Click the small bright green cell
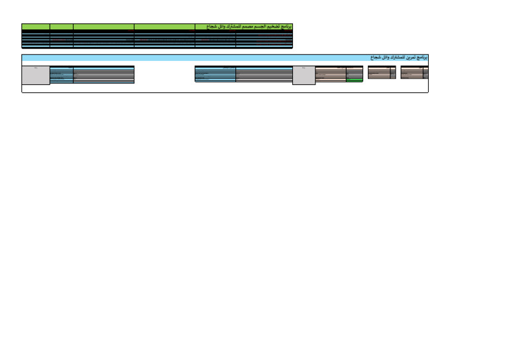click(355, 80)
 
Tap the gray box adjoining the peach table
click(304, 76)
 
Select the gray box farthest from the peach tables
click(36, 76)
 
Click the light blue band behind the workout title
click(199, 58)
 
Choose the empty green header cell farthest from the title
click(36, 27)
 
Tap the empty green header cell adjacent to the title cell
click(164, 27)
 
